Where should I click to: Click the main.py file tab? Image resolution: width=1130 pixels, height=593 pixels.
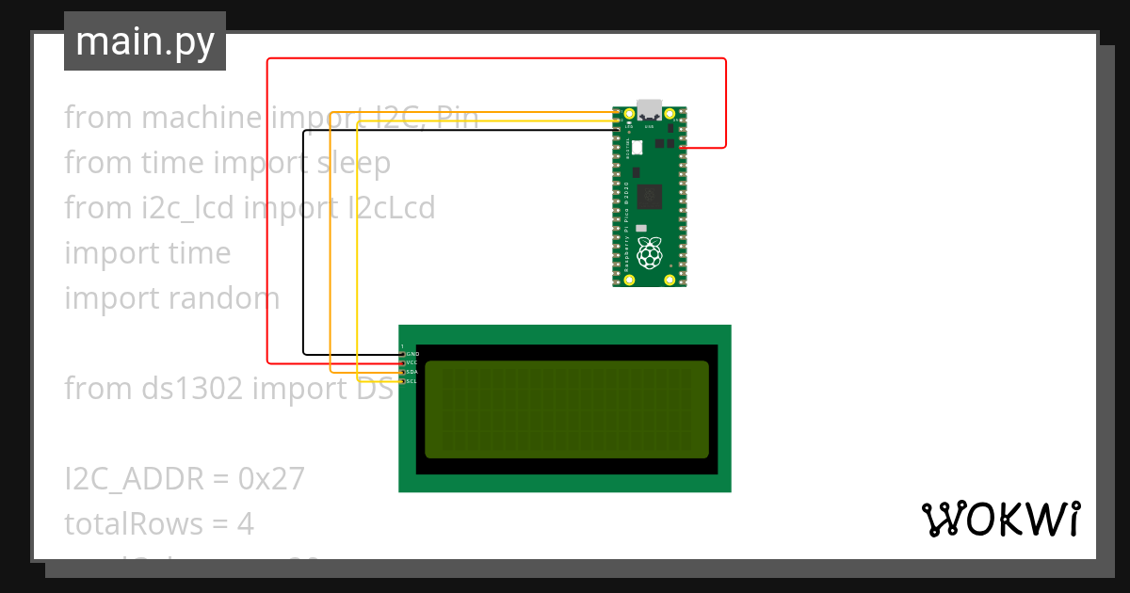(145, 42)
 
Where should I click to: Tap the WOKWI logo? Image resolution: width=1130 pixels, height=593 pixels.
(1000, 520)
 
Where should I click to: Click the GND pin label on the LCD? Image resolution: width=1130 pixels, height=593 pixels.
(412, 354)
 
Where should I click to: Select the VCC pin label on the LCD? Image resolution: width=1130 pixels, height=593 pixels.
(412, 362)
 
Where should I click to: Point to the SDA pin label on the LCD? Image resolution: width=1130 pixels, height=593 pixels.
(412, 372)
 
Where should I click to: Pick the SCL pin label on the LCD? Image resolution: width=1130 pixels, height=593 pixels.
(412, 381)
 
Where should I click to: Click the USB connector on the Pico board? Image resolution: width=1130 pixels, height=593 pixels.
(649, 109)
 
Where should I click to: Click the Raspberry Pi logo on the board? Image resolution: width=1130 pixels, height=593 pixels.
(650, 253)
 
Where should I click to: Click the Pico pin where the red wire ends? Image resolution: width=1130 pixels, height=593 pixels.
(682, 148)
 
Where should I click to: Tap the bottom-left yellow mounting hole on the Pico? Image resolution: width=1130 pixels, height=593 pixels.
(629, 280)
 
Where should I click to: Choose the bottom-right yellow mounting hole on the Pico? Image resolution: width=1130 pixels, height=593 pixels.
(670, 280)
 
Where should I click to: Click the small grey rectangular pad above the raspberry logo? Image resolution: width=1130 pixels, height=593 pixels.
(641, 228)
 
